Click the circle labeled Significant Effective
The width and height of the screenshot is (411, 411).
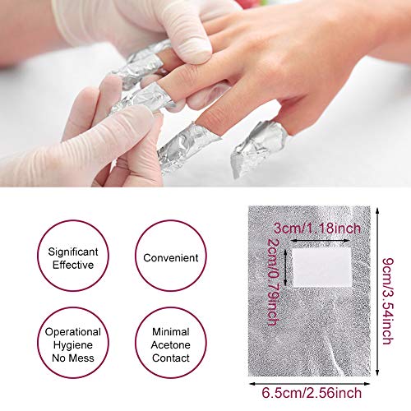click(x=38, y=256)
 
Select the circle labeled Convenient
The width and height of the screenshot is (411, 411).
click(x=135, y=256)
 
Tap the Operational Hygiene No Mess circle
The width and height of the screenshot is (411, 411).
click(x=38, y=343)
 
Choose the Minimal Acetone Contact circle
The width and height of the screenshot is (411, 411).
click(x=135, y=343)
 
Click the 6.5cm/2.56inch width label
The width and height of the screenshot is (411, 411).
click(x=312, y=393)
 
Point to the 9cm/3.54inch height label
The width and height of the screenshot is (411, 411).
click(x=388, y=301)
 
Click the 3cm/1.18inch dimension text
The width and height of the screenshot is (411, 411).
click(x=317, y=229)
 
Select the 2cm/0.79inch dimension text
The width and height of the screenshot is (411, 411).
click(x=273, y=282)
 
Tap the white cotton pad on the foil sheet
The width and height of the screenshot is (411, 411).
click(x=321, y=267)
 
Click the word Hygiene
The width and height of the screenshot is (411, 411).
click(x=73, y=345)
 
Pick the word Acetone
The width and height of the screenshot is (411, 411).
click(x=170, y=345)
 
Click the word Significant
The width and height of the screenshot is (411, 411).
click(x=73, y=252)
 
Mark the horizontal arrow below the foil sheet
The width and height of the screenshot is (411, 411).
click(x=310, y=384)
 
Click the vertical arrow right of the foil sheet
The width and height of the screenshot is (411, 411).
click(x=377, y=291)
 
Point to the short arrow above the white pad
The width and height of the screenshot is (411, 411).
click(x=320, y=241)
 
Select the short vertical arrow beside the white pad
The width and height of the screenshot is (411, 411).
click(x=285, y=267)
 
